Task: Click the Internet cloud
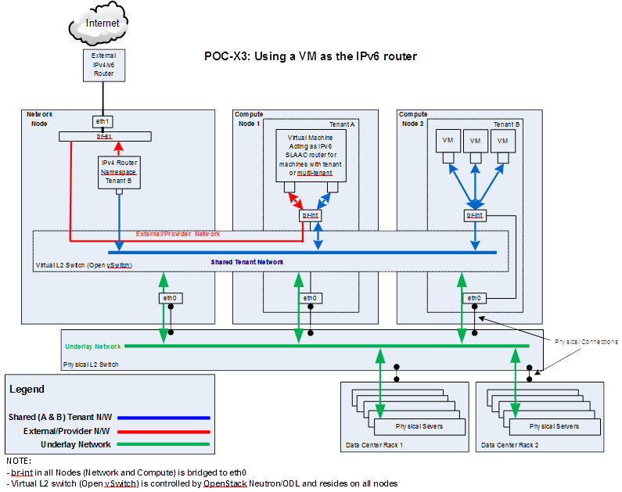tap(102, 23)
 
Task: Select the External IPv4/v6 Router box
tap(102, 65)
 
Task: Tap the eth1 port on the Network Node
tap(102, 121)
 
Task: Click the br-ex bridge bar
tap(103, 137)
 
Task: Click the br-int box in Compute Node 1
tap(311, 215)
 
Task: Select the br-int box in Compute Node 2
tap(474, 215)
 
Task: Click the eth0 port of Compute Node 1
tap(311, 298)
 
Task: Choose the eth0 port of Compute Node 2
tap(474, 298)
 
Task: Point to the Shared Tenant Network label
tap(247, 262)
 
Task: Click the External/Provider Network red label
tap(178, 234)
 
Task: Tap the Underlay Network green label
tap(92, 346)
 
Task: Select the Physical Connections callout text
tap(585, 342)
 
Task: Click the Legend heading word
tap(27, 389)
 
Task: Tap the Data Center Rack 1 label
tap(374, 445)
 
